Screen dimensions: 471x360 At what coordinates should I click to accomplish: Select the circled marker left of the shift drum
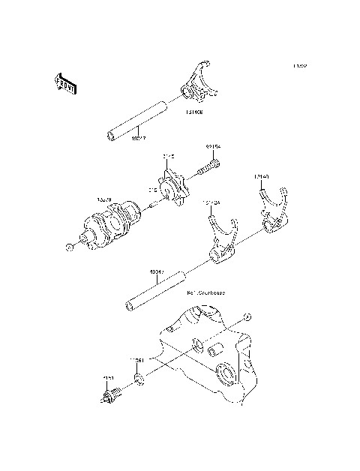click(68, 245)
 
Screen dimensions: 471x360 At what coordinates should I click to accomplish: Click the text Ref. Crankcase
click(207, 292)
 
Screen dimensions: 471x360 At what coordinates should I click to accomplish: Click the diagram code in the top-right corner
click(300, 66)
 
